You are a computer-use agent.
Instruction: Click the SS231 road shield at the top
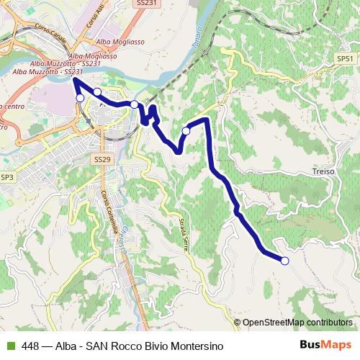(x=145, y=4)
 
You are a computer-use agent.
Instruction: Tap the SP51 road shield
(x=346, y=58)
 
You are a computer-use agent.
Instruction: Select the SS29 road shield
(x=102, y=158)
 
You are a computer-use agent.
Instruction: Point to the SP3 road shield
(x=7, y=177)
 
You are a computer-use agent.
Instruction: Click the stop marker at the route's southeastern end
(x=284, y=261)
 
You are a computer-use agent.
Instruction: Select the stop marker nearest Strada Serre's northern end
(x=186, y=131)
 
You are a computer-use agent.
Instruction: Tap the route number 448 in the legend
(x=31, y=346)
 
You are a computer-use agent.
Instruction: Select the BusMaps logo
(x=326, y=345)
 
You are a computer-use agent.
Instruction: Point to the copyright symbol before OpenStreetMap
(x=238, y=323)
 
